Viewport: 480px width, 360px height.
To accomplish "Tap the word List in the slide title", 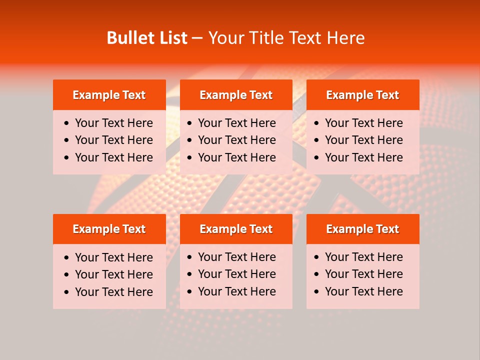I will coord(172,38).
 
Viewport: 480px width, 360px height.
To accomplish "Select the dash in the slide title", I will coord(197,38).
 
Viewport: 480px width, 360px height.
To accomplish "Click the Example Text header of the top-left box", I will coord(109,95).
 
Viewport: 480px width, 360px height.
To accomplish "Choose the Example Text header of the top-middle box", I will coord(236,95).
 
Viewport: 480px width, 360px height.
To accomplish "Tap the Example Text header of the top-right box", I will coord(362,95).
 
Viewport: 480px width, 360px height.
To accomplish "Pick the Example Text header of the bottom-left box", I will coord(109,229).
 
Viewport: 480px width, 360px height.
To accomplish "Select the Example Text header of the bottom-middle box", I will coord(236,229).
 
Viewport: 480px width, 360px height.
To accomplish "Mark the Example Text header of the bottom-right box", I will coord(362,229).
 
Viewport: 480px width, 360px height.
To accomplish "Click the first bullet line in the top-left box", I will coord(113,123).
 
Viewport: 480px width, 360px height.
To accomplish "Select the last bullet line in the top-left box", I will coord(113,157).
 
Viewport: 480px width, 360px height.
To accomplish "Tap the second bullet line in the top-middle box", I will coord(236,140).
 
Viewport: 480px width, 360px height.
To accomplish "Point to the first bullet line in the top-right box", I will coord(363,123).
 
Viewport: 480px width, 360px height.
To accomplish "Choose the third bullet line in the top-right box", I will coord(363,157).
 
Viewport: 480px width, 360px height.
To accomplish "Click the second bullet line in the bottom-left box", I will coord(113,274).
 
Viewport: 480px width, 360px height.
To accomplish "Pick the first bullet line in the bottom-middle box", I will coord(236,257).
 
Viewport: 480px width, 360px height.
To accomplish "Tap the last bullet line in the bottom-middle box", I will coord(236,291).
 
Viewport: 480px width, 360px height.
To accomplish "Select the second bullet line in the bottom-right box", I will coord(363,274).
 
